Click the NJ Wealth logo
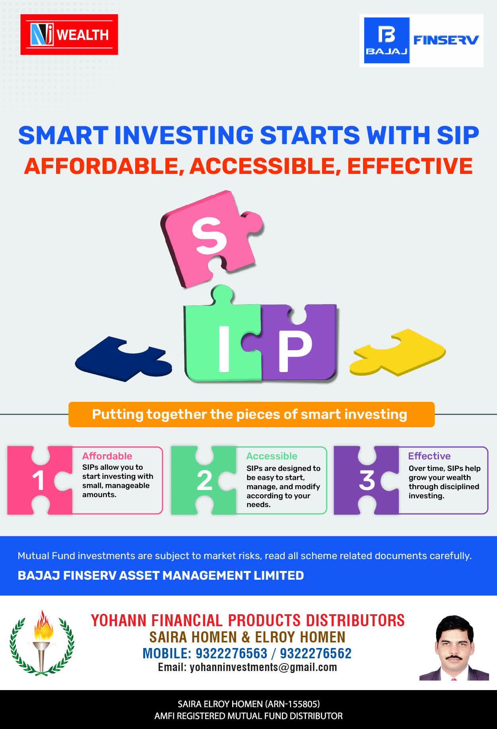pos(69,35)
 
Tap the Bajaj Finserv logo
pos(421,40)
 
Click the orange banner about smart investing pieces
pos(251,415)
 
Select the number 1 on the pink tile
pos(38,480)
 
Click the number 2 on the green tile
pos(204,480)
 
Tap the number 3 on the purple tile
pos(367,480)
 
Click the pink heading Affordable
pos(107,456)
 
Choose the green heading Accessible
pos(272,456)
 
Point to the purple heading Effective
pos(429,456)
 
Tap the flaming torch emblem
pos(42,643)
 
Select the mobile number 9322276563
pos(231,654)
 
